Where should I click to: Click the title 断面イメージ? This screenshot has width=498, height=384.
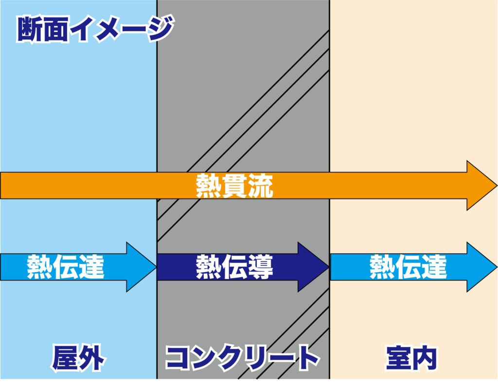coord(94,30)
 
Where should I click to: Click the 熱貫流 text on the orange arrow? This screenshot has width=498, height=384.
coord(234,186)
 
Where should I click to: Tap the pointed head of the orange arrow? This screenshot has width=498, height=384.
coord(481,186)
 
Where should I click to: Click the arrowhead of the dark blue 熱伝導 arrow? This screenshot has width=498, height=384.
coord(314,267)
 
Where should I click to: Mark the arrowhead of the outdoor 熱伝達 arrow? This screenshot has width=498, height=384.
coord(141,267)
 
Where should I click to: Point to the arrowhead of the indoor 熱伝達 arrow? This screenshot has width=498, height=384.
coord(481,267)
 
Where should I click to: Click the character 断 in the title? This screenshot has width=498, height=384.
coord(30,30)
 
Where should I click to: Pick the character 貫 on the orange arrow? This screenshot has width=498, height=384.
coord(234,186)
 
